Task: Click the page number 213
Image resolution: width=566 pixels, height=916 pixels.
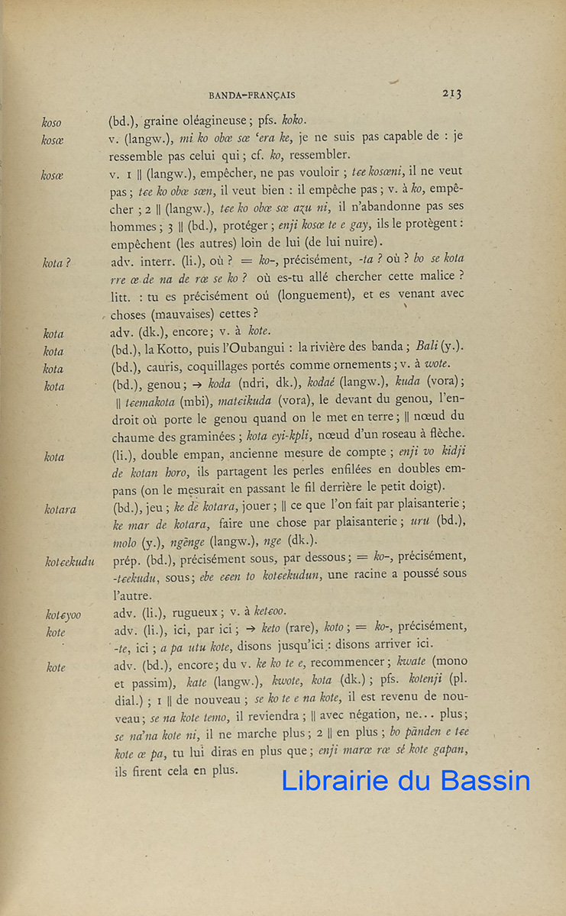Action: [x=451, y=94]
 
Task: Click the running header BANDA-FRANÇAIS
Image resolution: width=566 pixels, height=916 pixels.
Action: [x=251, y=95]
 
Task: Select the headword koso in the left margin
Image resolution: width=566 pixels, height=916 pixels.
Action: [x=52, y=122]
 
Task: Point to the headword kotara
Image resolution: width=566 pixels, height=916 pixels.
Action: [x=60, y=510]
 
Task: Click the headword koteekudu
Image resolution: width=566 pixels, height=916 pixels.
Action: [x=70, y=563]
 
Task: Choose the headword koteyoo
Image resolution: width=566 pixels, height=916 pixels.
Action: [x=63, y=614]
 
